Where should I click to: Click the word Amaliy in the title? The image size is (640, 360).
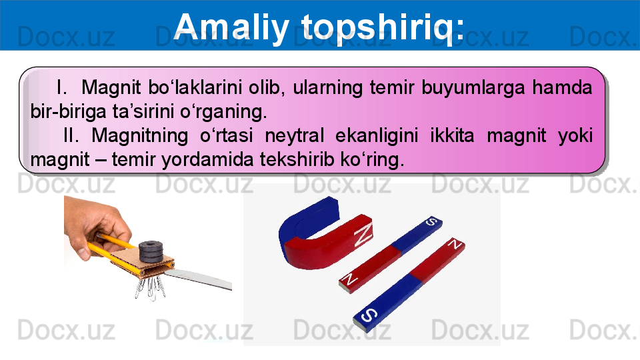(x=231, y=27)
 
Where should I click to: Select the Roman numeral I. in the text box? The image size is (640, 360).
(x=61, y=87)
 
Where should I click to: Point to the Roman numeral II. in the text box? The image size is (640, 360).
(x=71, y=135)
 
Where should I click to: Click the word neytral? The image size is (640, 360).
(x=294, y=136)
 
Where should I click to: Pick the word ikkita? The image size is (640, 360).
(x=452, y=135)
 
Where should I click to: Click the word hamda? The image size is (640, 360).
(x=562, y=87)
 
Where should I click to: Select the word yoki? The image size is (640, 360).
(x=575, y=136)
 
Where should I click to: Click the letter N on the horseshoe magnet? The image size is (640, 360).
(x=363, y=234)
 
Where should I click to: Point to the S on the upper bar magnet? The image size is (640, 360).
(x=431, y=222)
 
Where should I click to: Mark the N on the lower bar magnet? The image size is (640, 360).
(x=455, y=244)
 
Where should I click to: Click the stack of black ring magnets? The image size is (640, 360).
(x=151, y=251)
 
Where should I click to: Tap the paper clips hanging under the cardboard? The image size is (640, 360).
(x=150, y=287)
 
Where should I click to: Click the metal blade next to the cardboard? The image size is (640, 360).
(x=199, y=279)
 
